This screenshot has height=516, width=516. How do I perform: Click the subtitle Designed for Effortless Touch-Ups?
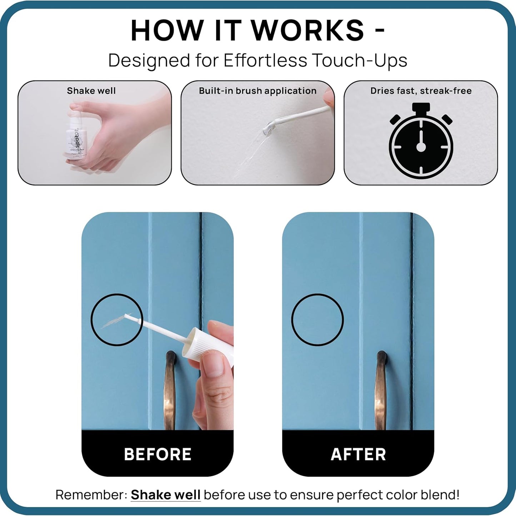pos(257,60)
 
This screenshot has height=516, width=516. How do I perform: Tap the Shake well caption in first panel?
pos(91,91)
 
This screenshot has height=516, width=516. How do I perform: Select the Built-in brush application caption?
pos(257,91)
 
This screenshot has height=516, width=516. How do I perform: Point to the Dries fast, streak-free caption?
pos(421,91)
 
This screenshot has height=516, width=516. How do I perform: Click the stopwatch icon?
pos(421,143)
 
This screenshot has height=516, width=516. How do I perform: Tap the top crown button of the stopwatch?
pos(421,107)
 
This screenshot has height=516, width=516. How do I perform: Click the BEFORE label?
pos(157,454)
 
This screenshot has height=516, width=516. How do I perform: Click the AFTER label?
pos(358,454)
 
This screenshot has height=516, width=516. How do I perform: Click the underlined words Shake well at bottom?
pos(165,495)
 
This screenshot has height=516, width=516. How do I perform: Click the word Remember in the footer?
pos(91,495)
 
